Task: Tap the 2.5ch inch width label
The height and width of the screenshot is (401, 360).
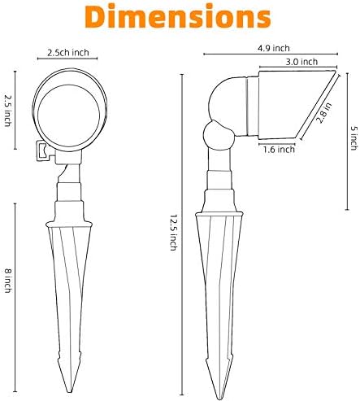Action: pos(68,53)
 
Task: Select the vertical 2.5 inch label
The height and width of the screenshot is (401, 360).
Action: pos(8,111)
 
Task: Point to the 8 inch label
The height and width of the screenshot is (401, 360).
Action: pos(8,281)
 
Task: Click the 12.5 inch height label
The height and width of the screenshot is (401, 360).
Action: pos(174,233)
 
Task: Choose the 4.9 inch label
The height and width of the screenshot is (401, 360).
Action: pos(274,49)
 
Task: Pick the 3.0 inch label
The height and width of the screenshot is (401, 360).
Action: pos(301,62)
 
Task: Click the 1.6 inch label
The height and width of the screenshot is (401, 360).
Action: pos(279,150)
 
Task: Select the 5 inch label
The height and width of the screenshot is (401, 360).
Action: pos(353,137)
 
